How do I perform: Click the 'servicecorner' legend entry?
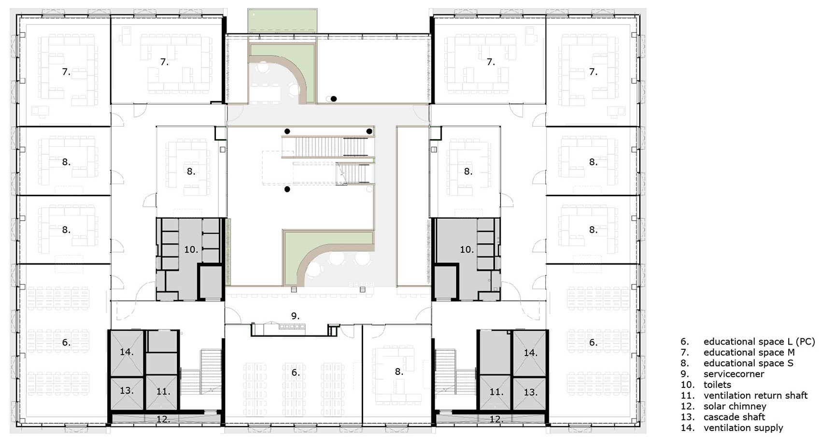[x=734, y=374]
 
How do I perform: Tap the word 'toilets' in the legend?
[x=717, y=385]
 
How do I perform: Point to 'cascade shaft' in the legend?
[x=734, y=417]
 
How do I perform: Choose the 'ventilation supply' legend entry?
[x=743, y=428]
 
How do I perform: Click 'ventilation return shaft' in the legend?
[x=755, y=396]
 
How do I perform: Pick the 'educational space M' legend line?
[x=749, y=353]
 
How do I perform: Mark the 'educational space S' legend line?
[x=748, y=363]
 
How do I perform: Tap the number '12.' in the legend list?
[x=687, y=406]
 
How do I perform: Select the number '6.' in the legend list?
[x=685, y=342]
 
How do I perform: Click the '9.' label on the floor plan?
[x=295, y=316]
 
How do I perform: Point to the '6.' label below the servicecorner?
[x=295, y=372]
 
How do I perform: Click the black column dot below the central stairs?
[x=287, y=189]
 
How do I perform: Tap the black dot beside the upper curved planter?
[x=334, y=99]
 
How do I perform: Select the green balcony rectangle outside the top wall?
[x=282, y=20]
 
